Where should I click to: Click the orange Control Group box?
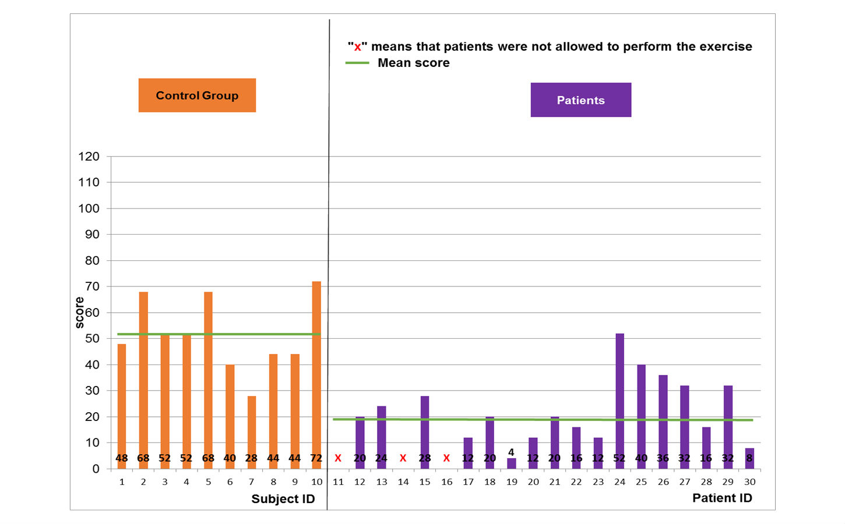[197, 95]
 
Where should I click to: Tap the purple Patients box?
[580, 100]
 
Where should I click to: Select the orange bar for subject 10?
[316, 373]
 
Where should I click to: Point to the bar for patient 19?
[511, 463]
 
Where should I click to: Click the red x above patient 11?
[338, 458]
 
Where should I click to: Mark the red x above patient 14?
[403, 458]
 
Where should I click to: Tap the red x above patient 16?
[446, 458]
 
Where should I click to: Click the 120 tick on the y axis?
[89, 157]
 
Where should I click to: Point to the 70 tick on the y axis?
[92, 286]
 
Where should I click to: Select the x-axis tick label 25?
[641, 482]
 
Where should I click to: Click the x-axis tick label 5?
[208, 482]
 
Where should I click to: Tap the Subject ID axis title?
[283, 499]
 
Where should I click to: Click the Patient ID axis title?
[722, 498]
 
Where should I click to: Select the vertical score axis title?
[80, 313]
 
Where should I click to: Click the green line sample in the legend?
[357, 63]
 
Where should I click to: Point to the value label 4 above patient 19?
[511, 452]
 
